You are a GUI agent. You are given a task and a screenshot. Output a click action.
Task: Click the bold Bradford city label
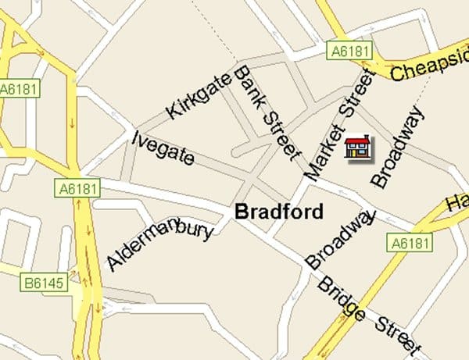[x=279, y=212]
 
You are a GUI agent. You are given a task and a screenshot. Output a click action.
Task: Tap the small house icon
[x=358, y=147]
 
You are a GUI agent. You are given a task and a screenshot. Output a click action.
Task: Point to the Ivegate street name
[x=163, y=148]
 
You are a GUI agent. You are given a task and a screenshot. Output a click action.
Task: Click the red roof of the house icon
[x=358, y=140]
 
